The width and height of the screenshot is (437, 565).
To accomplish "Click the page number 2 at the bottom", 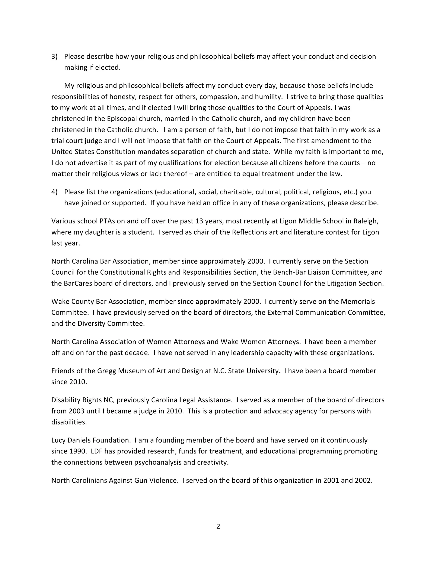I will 218,526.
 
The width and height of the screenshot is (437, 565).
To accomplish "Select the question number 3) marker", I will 54,56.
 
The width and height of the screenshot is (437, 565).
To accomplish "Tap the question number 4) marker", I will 54,192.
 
